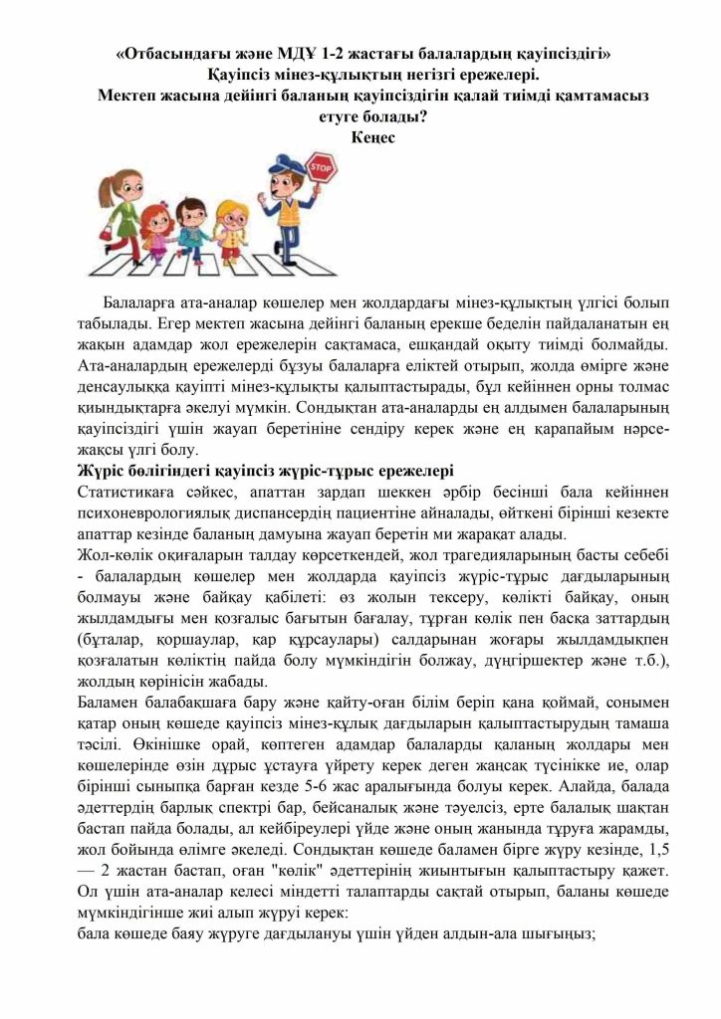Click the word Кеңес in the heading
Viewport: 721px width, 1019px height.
tap(373, 137)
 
